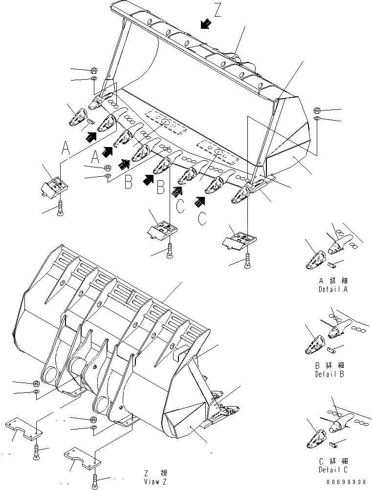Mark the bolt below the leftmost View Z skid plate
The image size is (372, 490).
(x=37, y=452)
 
